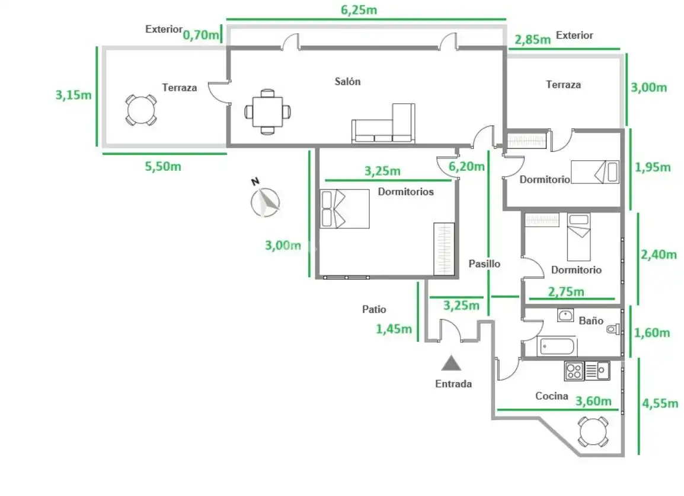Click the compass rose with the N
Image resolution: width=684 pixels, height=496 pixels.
pos(265,202)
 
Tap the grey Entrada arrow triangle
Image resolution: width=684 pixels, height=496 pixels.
pos(451,363)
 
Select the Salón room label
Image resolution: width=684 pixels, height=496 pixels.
pos(348,81)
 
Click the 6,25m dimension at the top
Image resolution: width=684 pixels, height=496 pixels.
pos(359,9)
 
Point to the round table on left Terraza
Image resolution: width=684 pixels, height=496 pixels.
pos(141,110)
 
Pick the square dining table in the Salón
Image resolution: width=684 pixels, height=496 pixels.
pos(267,112)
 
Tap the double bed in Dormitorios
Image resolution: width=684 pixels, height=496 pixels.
pos(344,209)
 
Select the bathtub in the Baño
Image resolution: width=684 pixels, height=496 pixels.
pos(558,346)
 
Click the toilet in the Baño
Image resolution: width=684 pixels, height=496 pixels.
pos(613,329)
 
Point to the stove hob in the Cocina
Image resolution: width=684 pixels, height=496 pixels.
pos(574,371)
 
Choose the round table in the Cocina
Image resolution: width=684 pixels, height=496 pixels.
pos(593,431)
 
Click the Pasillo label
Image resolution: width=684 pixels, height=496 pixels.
pos(484,263)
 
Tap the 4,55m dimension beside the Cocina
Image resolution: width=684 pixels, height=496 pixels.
pos(660,403)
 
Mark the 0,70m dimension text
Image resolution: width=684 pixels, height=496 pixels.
pos(201,34)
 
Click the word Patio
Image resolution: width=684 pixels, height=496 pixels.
pos(374,309)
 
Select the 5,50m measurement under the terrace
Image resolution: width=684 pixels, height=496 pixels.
pos(163,166)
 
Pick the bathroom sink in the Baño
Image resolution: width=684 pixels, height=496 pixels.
pos(566,315)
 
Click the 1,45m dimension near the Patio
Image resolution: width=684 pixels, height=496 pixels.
pos(394,329)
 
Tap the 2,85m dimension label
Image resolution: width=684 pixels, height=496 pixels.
pos(533,40)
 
